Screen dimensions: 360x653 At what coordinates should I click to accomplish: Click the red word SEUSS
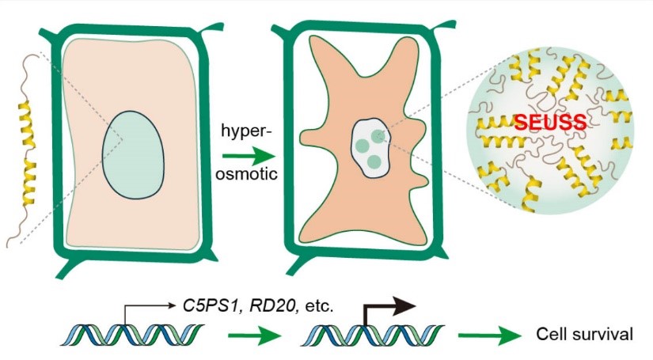tap(549, 123)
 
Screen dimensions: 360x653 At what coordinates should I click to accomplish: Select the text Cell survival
tap(584, 334)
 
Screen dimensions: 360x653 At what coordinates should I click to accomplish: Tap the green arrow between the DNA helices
tap(249, 336)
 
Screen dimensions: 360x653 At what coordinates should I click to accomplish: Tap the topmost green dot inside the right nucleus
tap(379, 136)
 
